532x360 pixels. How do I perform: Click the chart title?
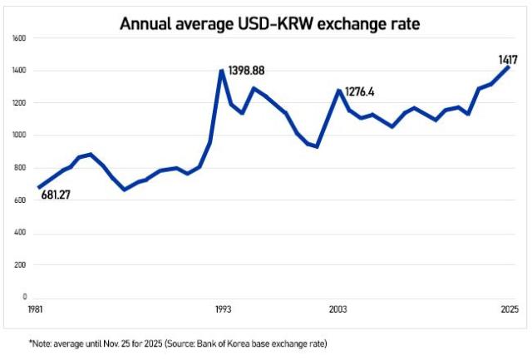pyautogui.click(x=269, y=23)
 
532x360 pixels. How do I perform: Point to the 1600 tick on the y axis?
pyautogui.click(x=20, y=39)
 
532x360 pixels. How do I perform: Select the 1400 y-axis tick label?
pyautogui.click(x=20, y=72)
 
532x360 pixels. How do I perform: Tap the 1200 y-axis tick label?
pyautogui.click(x=20, y=103)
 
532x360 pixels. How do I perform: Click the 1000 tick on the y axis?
pyautogui.click(x=20, y=136)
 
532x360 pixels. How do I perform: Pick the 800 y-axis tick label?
pyautogui.click(x=21, y=168)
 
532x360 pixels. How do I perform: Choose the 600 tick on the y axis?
pyautogui.click(x=21, y=200)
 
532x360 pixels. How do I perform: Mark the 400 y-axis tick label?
pyautogui.click(x=21, y=232)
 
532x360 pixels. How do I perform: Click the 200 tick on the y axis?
pyautogui.click(x=21, y=264)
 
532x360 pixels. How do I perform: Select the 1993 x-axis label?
pyautogui.click(x=222, y=309)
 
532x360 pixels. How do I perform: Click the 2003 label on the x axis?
pyautogui.click(x=338, y=309)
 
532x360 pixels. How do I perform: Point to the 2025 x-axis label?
pyautogui.click(x=508, y=309)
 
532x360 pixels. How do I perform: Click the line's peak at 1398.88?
pyautogui.click(x=222, y=71)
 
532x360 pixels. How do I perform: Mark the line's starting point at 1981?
pyautogui.click(x=39, y=188)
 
